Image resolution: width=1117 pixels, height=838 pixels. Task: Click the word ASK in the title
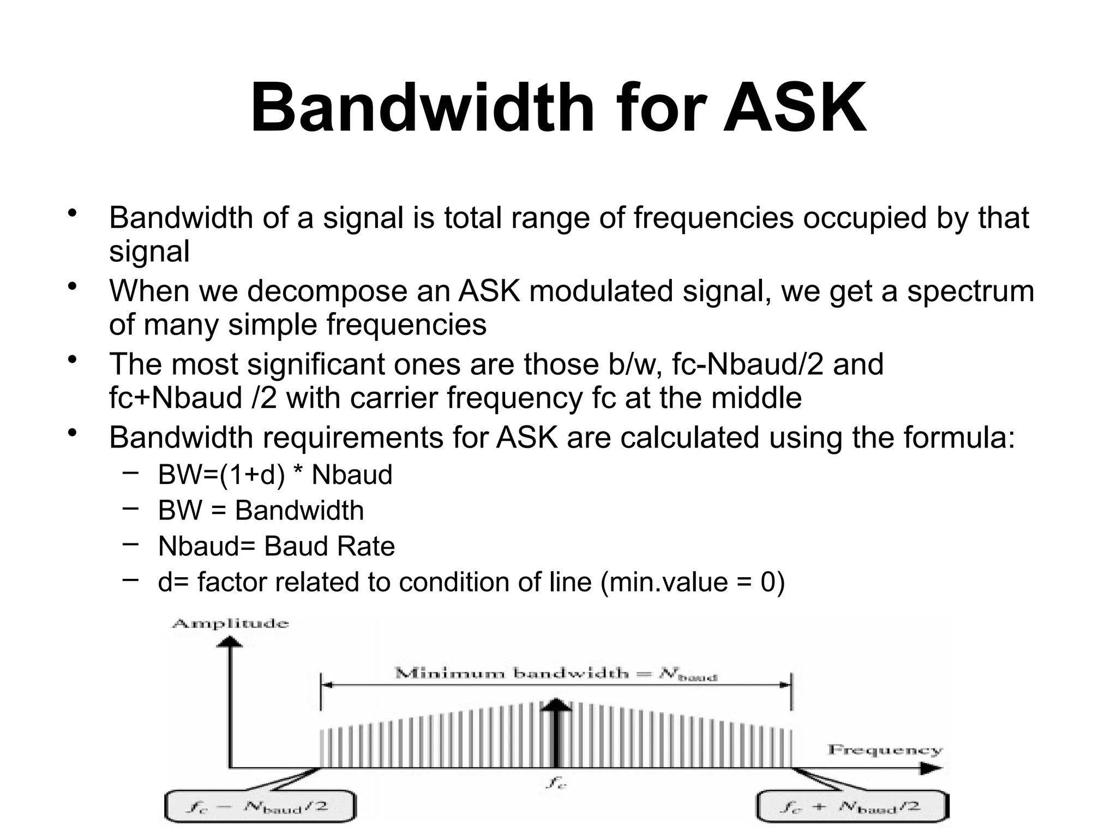coord(795,108)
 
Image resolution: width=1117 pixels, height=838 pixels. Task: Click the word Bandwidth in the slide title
coord(422,108)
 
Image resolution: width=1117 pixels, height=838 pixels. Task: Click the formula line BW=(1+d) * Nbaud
coord(275,475)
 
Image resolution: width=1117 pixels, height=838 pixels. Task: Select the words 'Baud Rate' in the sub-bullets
coord(329,546)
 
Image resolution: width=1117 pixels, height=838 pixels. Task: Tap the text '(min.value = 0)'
coord(692,582)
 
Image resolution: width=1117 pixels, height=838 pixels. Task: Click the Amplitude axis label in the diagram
coord(230,624)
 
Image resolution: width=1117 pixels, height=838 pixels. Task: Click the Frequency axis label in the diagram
coord(884,750)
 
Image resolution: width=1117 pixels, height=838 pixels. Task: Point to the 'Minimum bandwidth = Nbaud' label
coord(555,674)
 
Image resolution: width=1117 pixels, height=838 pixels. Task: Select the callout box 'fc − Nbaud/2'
coord(260,807)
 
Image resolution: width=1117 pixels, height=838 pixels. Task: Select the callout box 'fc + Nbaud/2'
coord(852,807)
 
